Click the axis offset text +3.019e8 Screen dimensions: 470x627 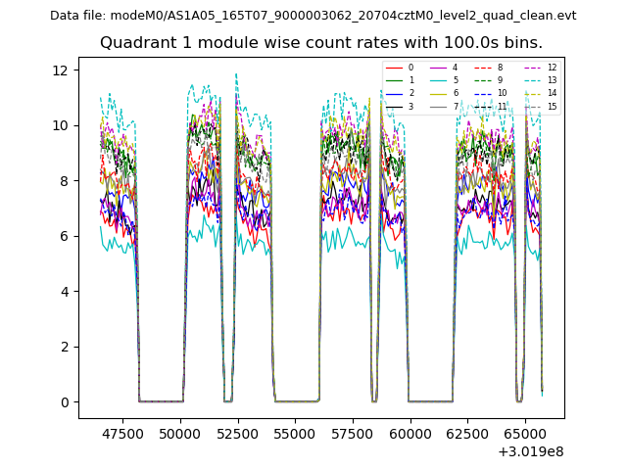point(530,451)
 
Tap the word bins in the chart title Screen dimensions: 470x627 point(522,43)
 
